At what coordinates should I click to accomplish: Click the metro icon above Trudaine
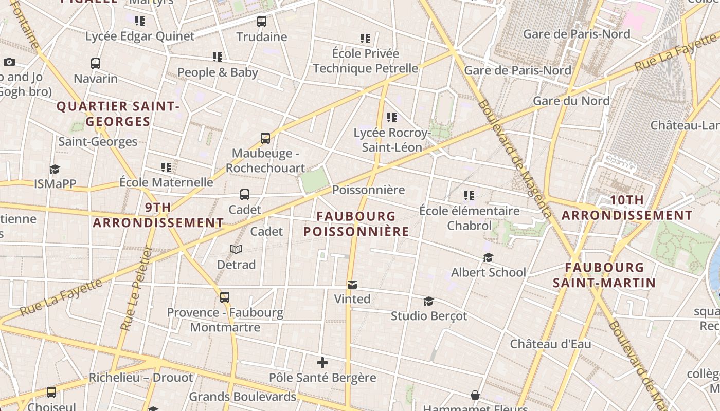click(262, 22)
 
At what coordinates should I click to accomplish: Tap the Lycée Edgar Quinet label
click(140, 36)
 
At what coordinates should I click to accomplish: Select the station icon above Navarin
click(96, 64)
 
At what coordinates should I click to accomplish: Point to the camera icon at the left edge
click(9, 62)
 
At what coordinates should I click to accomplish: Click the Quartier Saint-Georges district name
click(118, 114)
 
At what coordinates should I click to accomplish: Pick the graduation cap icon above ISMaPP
click(55, 169)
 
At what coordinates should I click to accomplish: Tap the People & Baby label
click(218, 72)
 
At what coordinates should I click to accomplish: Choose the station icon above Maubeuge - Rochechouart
click(265, 138)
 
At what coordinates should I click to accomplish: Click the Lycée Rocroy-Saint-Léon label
click(392, 140)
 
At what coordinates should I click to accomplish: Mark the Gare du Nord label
click(571, 101)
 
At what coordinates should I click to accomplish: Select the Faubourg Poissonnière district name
click(356, 224)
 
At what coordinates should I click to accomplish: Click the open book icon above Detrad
click(236, 249)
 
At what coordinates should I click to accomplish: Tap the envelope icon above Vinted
click(352, 285)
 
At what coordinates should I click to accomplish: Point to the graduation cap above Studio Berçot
click(428, 301)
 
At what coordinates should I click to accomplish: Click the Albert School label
click(488, 272)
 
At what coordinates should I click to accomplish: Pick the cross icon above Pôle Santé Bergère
click(322, 363)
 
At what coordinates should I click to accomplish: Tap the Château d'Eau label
click(550, 344)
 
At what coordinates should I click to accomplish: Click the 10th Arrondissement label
click(626, 208)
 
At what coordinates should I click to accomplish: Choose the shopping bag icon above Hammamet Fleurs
click(475, 395)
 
